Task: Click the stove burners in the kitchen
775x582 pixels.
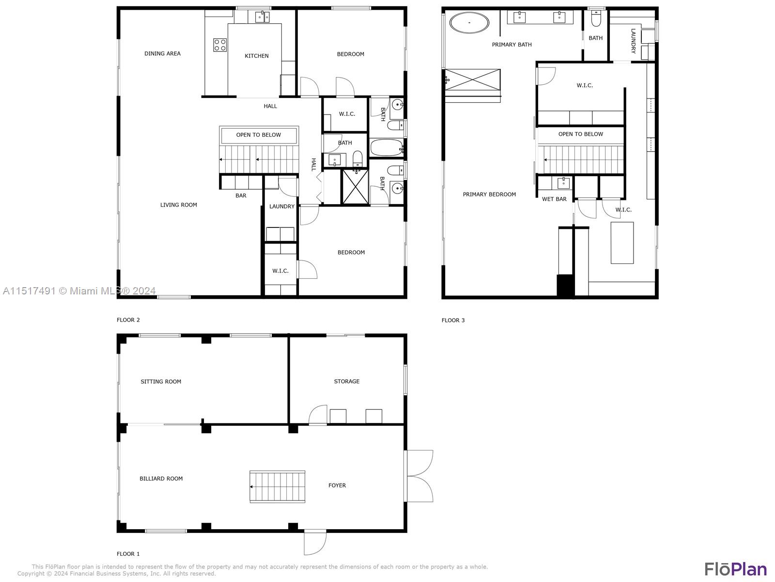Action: pyautogui.click(x=220, y=45)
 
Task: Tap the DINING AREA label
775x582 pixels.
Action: pyautogui.click(x=162, y=54)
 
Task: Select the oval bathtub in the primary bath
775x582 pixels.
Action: pyautogui.click(x=469, y=23)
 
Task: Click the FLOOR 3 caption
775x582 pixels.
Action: pyautogui.click(x=453, y=320)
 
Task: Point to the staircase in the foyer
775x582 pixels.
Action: pyautogui.click(x=277, y=486)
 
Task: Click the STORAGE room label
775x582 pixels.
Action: pyautogui.click(x=346, y=381)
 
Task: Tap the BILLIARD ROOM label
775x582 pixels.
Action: pyautogui.click(x=161, y=479)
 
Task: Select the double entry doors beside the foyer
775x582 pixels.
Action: pyautogui.click(x=419, y=476)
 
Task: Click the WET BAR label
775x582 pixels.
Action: pyautogui.click(x=554, y=199)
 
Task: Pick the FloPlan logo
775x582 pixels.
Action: pyautogui.click(x=735, y=569)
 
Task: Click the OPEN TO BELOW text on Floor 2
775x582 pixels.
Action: pyautogui.click(x=258, y=135)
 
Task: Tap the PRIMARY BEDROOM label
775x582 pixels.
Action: pyautogui.click(x=489, y=194)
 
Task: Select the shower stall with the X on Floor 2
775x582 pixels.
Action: pyautogui.click(x=356, y=186)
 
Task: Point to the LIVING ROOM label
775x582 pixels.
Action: pyautogui.click(x=179, y=205)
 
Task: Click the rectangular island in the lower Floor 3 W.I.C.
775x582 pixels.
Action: pyautogui.click(x=622, y=242)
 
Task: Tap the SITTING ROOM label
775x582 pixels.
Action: pyautogui.click(x=161, y=382)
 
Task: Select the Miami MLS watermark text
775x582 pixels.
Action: pyautogui.click(x=79, y=291)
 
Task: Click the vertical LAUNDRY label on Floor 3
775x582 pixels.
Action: pyautogui.click(x=633, y=41)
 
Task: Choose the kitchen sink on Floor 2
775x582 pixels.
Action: pyautogui.click(x=263, y=17)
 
